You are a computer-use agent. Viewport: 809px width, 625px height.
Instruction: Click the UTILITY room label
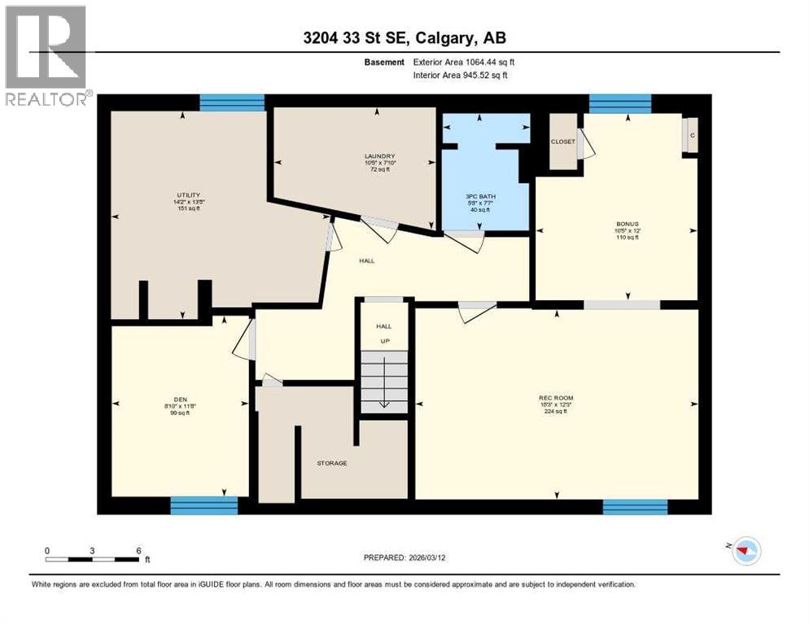pos(189,194)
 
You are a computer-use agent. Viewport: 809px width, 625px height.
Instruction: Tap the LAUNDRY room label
pos(379,156)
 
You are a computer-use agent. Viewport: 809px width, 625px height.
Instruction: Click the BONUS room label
pos(627,222)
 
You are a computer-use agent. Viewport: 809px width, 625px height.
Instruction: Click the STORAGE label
pos(332,463)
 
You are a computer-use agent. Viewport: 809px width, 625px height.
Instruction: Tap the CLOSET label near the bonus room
pos(562,142)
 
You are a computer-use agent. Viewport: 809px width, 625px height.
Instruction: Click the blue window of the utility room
pos(232,103)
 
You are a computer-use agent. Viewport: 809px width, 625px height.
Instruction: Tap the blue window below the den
pos(203,506)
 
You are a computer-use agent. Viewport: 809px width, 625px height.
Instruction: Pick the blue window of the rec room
pos(635,507)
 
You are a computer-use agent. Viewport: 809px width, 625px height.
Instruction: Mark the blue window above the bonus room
pos(620,103)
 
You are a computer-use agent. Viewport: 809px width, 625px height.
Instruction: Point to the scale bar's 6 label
pos(139,550)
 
